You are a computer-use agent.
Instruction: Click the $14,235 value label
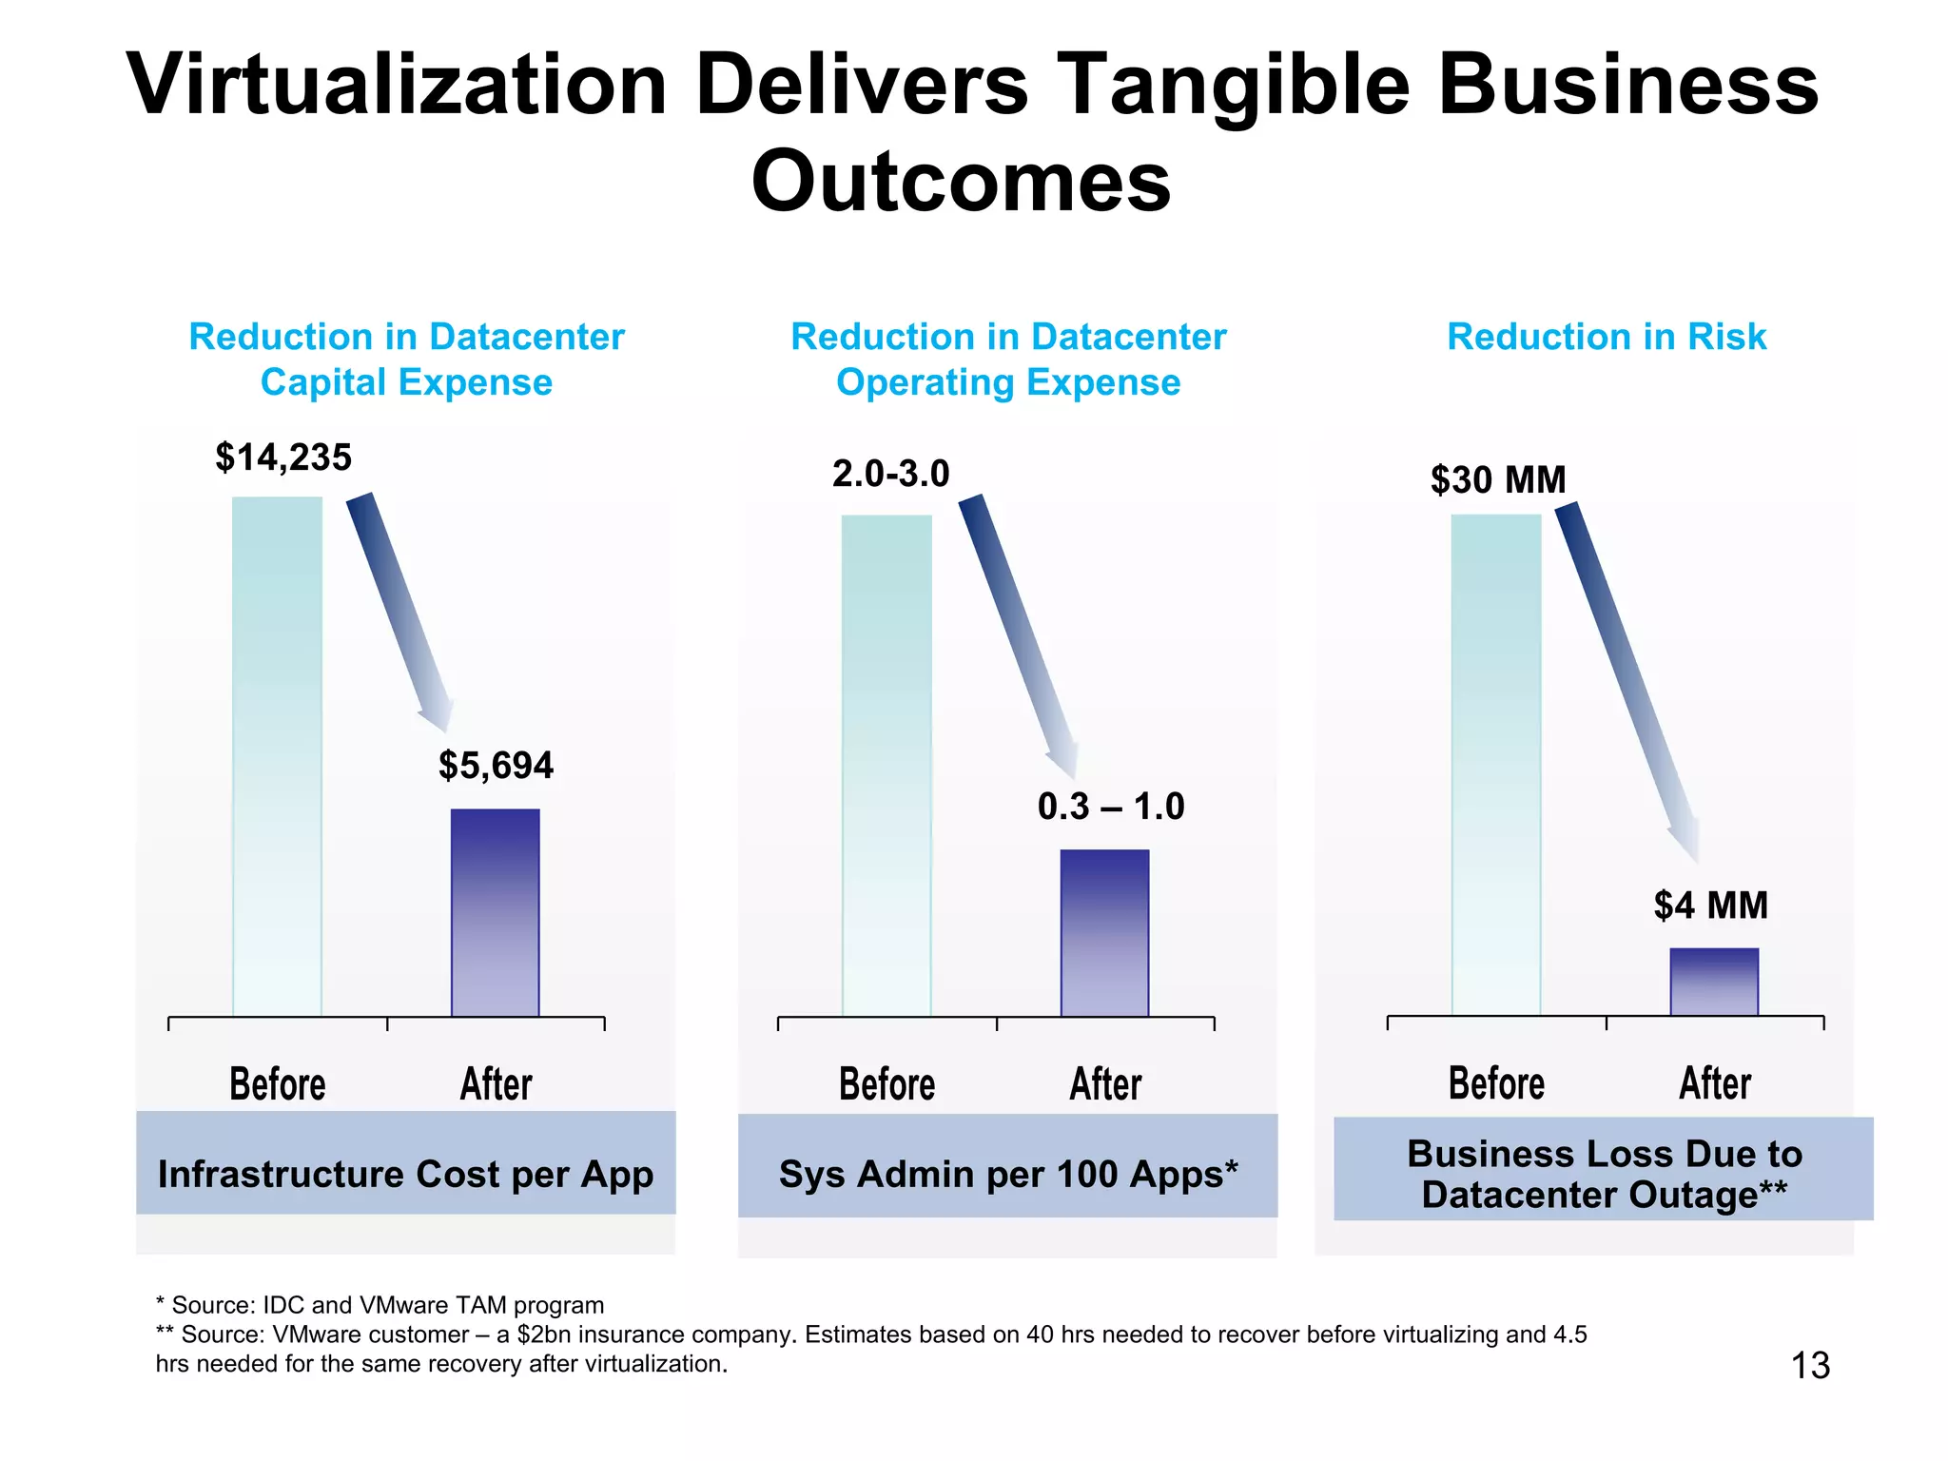coord(283,458)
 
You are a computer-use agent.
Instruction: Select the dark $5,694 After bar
coord(495,913)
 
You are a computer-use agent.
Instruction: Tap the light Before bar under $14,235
coord(277,756)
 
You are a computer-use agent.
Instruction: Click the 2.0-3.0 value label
coord(890,474)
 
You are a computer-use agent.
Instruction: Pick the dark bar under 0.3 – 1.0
coord(1104,933)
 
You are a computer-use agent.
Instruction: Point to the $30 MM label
coord(1498,479)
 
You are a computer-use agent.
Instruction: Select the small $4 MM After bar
coord(1714,982)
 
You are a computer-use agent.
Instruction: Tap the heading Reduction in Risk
coord(1606,337)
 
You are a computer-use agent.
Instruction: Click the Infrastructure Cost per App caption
coord(405,1174)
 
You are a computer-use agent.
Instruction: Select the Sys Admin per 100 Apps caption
coord(1007,1174)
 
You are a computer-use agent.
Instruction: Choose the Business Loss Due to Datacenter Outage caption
coord(1604,1174)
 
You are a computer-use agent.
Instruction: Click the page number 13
coord(1809,1366)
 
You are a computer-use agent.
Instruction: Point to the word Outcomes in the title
coord(961,182)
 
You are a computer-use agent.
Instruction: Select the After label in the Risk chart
coord(1714,1083)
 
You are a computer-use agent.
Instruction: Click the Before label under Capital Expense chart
coord(277,1084)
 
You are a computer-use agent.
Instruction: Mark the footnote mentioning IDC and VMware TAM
coord(380,1305)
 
